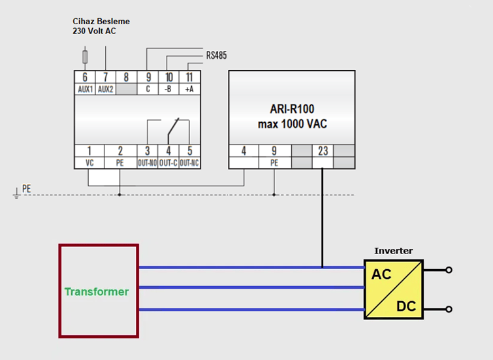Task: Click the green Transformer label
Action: coord(97,292)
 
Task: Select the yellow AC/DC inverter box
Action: coord(393,289)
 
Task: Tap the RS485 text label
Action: coord(217,56)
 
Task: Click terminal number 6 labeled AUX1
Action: coord(85,78)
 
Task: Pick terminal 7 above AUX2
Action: coord(106,78)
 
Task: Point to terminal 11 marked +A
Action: coord(190,78)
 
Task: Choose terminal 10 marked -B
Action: coord(169,78)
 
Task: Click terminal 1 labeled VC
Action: coord(89,151)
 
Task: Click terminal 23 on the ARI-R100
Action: coord(323,151)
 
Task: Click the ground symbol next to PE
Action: coord(16,194)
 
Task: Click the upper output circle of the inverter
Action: coord(449,269)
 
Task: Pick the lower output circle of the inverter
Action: coord(449,310)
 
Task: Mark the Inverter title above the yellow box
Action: coord(393,251)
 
